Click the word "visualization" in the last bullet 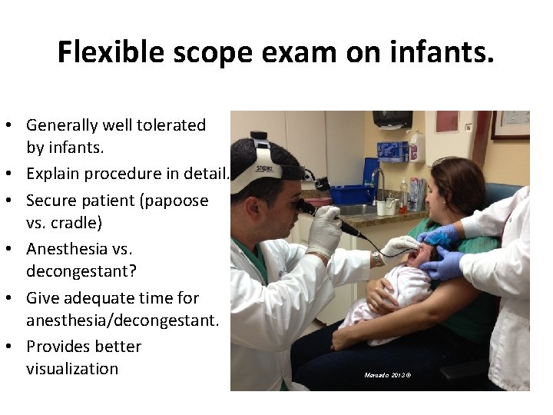(72, 368)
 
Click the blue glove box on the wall (392, 151)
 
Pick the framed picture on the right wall (510, 125)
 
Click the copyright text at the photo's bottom (388, 375)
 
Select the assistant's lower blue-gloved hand (445, 265)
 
